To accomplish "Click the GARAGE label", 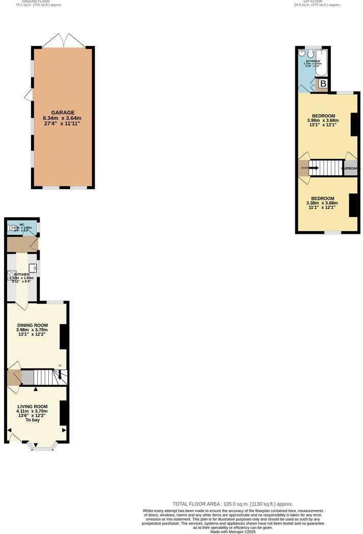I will [63, 113].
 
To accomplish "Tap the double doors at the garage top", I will [63, 40].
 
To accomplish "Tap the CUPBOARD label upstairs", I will [351, 168].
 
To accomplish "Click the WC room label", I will [22, 224].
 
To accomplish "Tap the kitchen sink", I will [33, 267].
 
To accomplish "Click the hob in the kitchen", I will [11, 276].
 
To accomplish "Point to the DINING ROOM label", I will [32, 325].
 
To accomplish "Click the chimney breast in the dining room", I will [63, 336].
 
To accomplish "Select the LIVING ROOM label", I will [32, 406].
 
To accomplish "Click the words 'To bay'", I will [32, 420].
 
